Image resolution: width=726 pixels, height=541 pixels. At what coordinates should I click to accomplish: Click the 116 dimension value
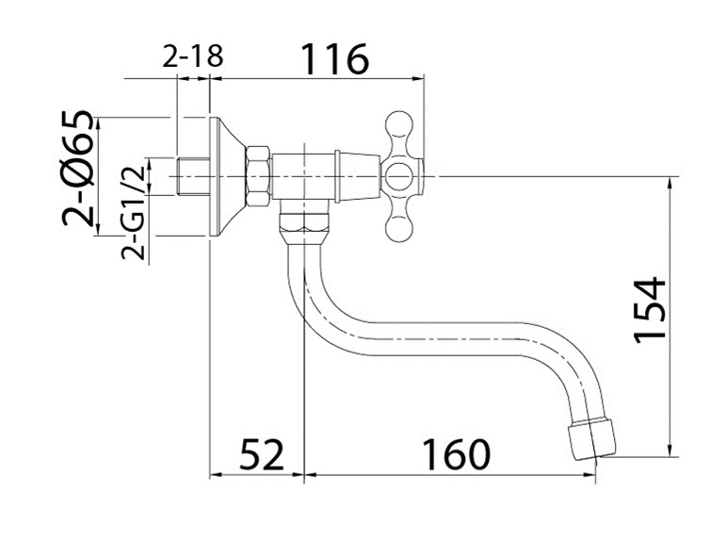pyautogui.click(x=335, y=58)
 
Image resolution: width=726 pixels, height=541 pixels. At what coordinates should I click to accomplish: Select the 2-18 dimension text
pyautogui.click(x=193, y=57)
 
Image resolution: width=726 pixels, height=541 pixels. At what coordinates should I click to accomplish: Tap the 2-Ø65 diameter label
pyautogui.click(x=77, y=169)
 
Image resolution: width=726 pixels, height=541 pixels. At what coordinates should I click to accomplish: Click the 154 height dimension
pyautogui.click(x=650, y=310)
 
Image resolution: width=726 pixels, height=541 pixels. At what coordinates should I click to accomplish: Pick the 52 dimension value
pyautogui.click(x=261, y=454)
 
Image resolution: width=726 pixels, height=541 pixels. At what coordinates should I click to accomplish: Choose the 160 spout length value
pyautogui.click(x=456, y=454)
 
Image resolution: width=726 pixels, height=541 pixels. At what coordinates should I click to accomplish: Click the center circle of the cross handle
pyautogui.click(x=399, y=176)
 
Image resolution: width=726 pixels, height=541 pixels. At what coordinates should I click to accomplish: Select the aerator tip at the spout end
pyautogui.click(x=592, y=437)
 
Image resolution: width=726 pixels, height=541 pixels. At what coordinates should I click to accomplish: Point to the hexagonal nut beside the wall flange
pyautogui.click(x=257, y=176)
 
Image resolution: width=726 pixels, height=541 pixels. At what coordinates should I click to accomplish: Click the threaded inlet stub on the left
pyautogui.click(x=193, y=176)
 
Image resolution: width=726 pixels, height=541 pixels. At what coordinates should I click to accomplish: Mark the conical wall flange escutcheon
pyautogui.click(x=226, y=176)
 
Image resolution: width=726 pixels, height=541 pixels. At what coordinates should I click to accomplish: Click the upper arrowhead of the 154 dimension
pyautogui.click(x=670, y=182)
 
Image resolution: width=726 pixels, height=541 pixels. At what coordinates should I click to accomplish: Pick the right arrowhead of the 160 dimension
pyautogui.click(x=590, y=475)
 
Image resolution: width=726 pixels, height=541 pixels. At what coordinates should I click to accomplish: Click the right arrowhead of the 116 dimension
pyautogui.click(x=419, y=79)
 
